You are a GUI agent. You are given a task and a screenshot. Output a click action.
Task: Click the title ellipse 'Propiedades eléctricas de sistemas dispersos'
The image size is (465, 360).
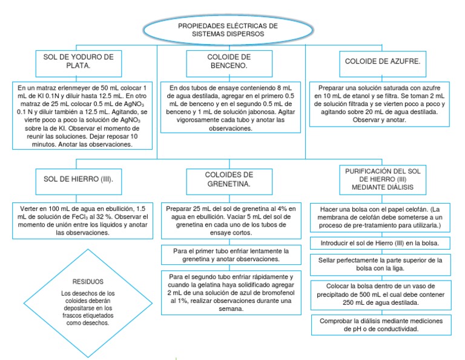tap(227, 30)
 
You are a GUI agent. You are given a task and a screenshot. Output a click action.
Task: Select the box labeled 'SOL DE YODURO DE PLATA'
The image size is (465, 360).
tap(79, 61)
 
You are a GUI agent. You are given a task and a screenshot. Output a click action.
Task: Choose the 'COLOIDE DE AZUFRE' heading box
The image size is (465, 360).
tap(382, 62)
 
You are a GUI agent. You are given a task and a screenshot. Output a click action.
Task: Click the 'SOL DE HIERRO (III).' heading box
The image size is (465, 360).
tap(79, 180)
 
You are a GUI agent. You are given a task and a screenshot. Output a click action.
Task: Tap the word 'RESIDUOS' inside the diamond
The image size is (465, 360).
tap(88, 282)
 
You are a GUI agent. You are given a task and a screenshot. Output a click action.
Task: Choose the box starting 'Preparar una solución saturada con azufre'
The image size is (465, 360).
tap(380, 104)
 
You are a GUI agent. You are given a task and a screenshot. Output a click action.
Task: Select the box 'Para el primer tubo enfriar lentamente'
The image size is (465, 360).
tap(232, 255)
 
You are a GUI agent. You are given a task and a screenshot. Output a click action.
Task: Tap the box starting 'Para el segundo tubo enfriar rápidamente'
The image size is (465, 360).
tap(232, 293)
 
